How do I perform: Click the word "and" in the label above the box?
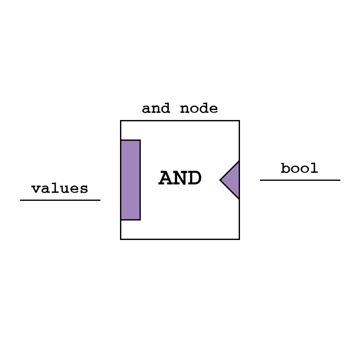156,109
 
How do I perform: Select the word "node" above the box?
199,109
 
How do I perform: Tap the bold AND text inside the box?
180,178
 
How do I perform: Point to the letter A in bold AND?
166,178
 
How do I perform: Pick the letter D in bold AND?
194,178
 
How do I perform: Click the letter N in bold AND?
180,178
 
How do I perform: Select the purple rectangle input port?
130,180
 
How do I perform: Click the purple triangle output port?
232,180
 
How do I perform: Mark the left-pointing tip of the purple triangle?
221,180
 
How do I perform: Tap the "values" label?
60,189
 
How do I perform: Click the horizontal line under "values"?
60,200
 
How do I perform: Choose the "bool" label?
299,168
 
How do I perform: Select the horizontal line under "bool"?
300,180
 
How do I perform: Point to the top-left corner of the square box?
121,121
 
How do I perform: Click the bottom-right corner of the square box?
239,239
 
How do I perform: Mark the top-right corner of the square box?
239,121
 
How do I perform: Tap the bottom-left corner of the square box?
121,239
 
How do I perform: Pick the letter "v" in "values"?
36,189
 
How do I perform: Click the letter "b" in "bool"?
285,168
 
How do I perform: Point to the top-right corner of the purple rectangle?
140,140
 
